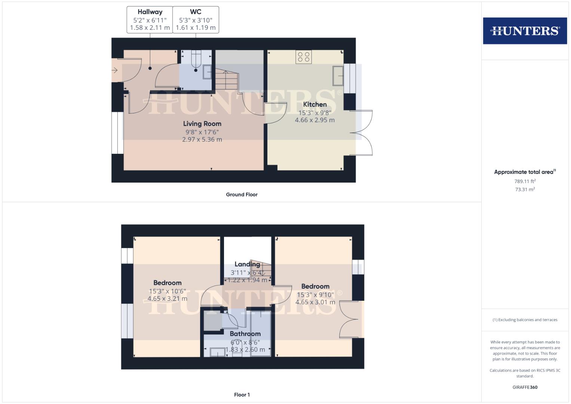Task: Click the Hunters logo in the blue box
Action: [525, 31]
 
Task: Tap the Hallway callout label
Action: [150, 19]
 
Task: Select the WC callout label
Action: [196, 19]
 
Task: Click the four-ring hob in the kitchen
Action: [303, 56]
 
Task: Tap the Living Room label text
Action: [202, 123]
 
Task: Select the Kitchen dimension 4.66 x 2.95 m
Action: [314, 120]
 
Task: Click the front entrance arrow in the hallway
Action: [114, 70]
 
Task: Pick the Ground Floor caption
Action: [242, 195]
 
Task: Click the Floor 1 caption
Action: [242, 395]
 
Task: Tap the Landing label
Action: [247, 264]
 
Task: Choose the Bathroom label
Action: [245, 334]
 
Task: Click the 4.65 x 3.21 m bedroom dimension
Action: [167, 299]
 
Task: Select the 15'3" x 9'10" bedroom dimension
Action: [315, 294]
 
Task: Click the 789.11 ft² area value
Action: [525, 181]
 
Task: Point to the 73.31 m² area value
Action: [525, 189]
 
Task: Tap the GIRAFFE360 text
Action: [525, 387]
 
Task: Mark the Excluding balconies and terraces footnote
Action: [525, 320]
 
